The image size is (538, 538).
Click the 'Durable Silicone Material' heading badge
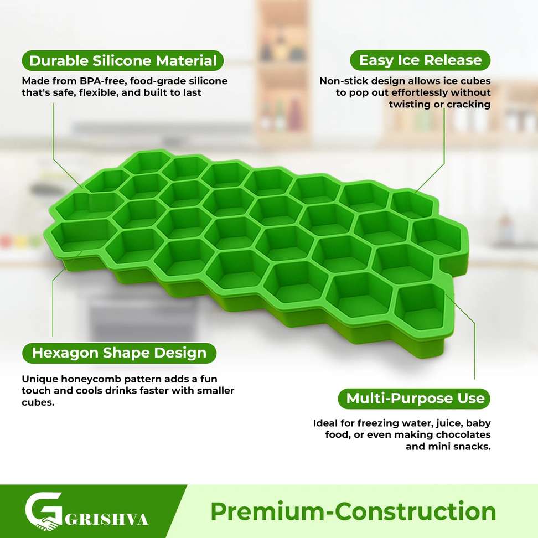pyautogui.click(x=122, y=61)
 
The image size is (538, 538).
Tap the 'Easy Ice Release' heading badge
pyautogui.click(x=420, y=60)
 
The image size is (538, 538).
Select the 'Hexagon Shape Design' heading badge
pyautogui.click(x=119, y=353)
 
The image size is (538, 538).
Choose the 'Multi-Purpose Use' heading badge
pyautogui.click(x=414, y=399)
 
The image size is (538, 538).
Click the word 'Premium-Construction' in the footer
pyautogui.click(x=353, y=511)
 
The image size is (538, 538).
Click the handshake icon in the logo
pyautogui.click(x=46, y=524)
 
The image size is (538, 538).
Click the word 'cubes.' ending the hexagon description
pyautogui.click(x=38, y=402)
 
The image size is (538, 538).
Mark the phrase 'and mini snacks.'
pyautogui.click(x=448, y=446)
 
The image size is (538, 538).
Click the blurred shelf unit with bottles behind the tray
pyautogui.click(x=282, y=69)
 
